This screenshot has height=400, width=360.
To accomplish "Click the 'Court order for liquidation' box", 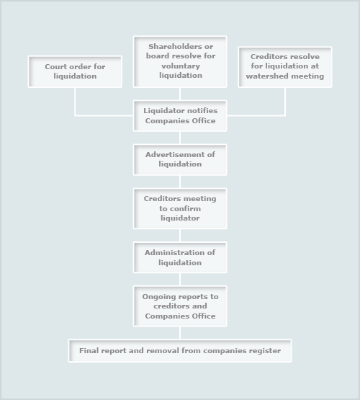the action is coord(75,71).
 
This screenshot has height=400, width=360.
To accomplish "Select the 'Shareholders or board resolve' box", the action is coord(180,62).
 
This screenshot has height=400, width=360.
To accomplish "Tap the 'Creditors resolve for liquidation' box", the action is coord(285,67).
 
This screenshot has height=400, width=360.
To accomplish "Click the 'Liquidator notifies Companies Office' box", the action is coord(180,116).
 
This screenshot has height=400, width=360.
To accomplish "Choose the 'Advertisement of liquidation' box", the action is coord(180,160).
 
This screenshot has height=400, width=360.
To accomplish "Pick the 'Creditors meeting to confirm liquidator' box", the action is coord(180,208).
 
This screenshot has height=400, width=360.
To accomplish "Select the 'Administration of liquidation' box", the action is coord(180,257).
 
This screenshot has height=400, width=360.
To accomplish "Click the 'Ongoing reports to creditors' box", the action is coord(180,306).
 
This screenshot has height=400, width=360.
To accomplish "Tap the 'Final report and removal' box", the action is coord(180,350).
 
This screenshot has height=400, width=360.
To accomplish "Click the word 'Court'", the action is coord(55,66).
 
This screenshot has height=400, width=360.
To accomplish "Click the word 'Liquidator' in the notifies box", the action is coord(161,111).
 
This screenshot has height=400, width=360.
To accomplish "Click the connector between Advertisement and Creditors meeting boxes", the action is coord(180,182).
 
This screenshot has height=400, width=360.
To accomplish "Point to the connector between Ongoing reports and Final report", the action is coord(180,333).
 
